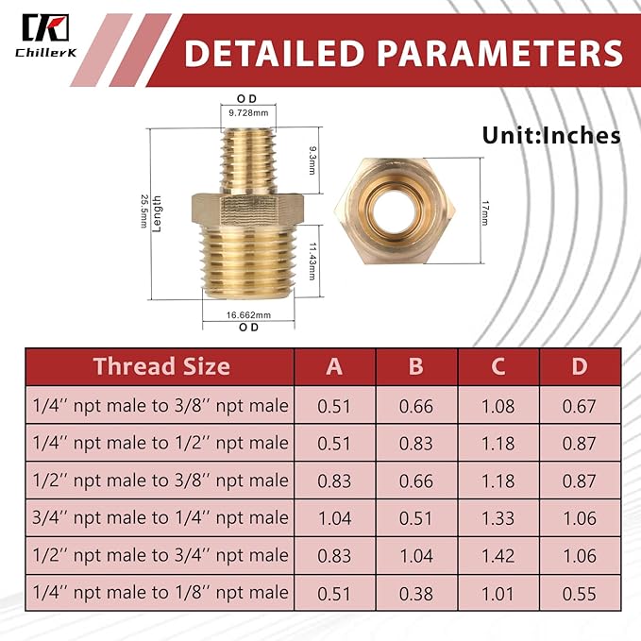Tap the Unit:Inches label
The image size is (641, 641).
click(x=551, y=134)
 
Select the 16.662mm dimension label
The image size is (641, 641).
click(x=249, y=315)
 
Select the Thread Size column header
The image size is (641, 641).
click(x=161, y=366)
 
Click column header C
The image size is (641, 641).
click(x=498, y=366)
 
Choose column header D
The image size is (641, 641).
click(x=579, y=366)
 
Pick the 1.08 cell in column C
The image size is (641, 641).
click(x=498, y=407)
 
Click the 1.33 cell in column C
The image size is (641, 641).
click(x=498, y=517)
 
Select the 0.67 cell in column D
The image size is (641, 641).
click(x=579, y=407)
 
